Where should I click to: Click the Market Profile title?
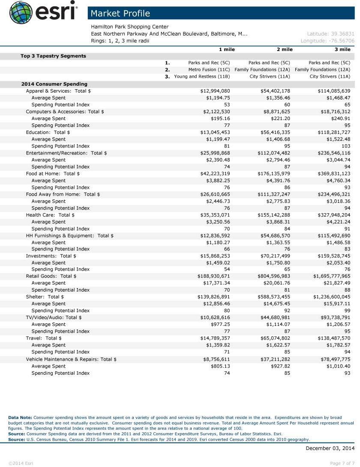[120, 13]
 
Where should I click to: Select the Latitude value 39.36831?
[330, 33]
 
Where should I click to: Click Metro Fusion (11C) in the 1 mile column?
[209, 69]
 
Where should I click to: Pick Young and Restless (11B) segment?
[202, 76]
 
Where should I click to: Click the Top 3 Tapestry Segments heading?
[53, 56]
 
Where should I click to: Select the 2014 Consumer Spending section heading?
[54, 84]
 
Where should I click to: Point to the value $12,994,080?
[215, 91]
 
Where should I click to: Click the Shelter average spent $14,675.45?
[275, 304]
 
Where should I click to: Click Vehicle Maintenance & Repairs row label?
[71, 359]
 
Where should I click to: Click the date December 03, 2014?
[330, 448]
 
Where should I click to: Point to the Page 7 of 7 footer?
[342, 463]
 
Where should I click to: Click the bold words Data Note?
[20, 417]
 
